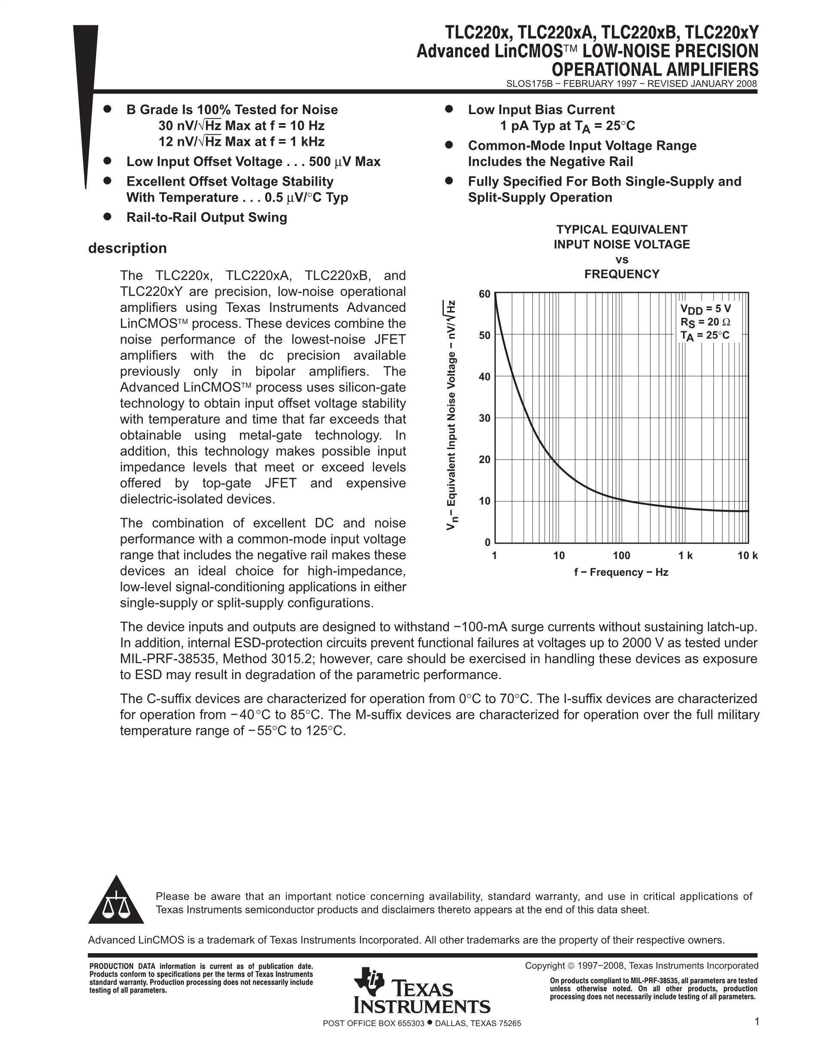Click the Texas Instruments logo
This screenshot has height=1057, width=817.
click(x=421, y=992)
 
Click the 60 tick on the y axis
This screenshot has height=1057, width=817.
click(x=484, y=294)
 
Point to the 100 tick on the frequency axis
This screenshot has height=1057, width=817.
click(x=621, y=556)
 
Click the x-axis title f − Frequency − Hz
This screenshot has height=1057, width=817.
click(x=621, y=572)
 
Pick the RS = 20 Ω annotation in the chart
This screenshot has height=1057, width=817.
click(x=705, y=322)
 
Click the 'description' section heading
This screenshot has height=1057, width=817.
click(x=127, y=248)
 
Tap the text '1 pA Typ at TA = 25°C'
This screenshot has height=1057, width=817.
click(x=567, y=126)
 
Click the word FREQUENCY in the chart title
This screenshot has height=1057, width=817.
click(x=621, y=275)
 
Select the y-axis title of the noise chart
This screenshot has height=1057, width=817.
click(x=451, y=415)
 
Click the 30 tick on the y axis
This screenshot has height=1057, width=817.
click(x=484, y=418)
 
